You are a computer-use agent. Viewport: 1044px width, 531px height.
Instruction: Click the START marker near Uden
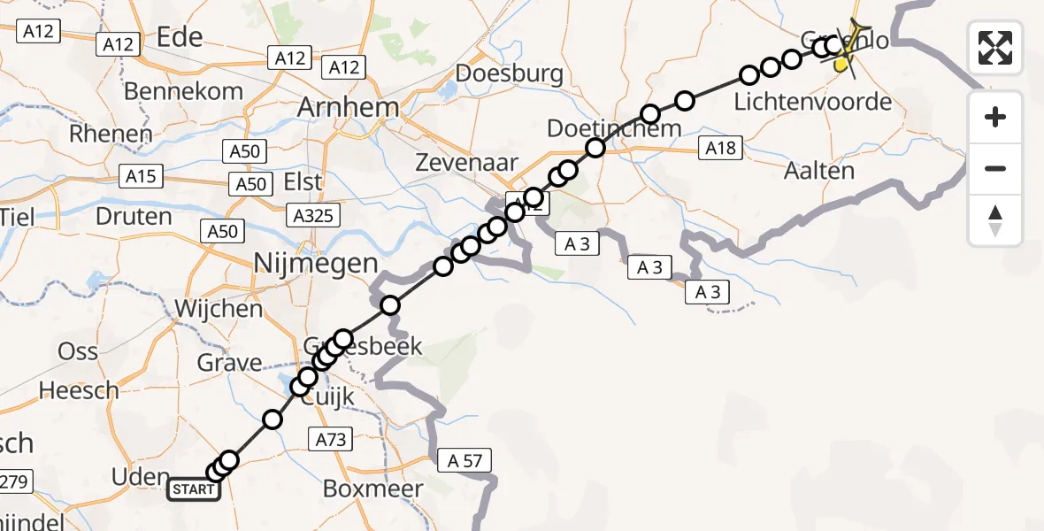[x=194, y=489]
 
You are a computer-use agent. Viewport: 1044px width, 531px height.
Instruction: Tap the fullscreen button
[x=995, y=48]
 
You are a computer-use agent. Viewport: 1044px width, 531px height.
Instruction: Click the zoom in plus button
[x=995, y=117]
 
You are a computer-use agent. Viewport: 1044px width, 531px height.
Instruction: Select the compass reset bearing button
[x=995, y=220]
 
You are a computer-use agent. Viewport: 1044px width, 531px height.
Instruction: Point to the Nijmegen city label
[x=316, y=262]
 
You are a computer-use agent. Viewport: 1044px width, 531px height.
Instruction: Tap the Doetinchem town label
[x=614, y=128]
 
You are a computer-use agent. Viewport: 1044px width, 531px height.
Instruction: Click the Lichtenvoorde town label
[x=812, y=102]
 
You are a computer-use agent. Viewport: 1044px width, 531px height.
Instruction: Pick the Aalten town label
[x=819, y=171]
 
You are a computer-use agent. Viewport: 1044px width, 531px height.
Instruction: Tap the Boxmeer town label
[x=372, y=488]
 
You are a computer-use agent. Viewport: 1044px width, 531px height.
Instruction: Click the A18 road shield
[x=720, y=149]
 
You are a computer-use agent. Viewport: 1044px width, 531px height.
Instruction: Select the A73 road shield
[x=331, y=438]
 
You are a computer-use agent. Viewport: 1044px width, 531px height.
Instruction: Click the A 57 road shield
[x=464, y=459]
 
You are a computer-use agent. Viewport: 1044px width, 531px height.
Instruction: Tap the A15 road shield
[x=140, y=176]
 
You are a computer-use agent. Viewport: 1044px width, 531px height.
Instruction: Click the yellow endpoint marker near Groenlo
[x=841, y=64]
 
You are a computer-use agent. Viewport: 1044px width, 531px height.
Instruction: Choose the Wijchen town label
[x=219, y=309]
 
